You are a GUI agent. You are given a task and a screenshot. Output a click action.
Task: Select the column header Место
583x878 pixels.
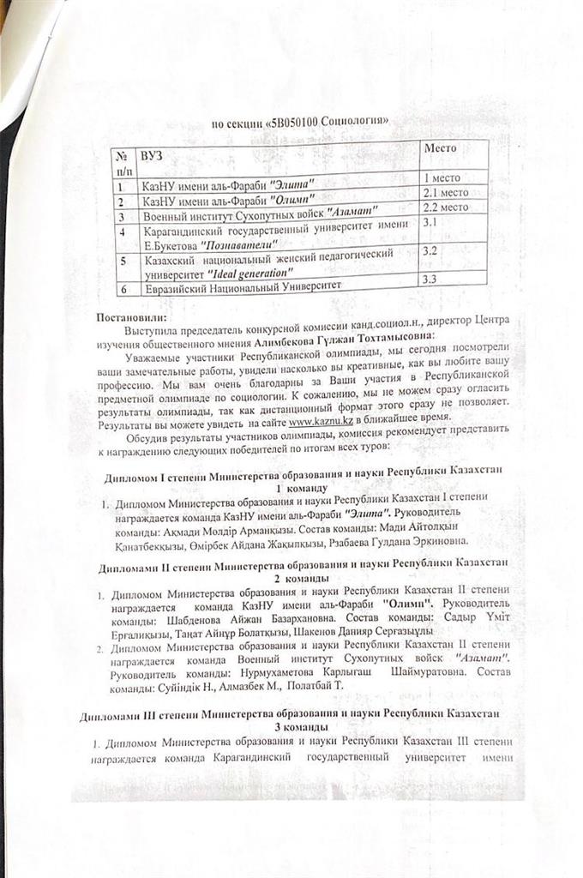(441, 147)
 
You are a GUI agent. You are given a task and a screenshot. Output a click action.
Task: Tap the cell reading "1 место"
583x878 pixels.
(442, 177)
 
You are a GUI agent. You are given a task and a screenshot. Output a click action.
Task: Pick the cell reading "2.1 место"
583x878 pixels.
(447, 192)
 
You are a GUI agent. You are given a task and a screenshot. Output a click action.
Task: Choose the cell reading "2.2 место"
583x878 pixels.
(447, 206)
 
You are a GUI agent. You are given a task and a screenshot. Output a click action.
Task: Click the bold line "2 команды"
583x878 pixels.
(304, 579)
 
